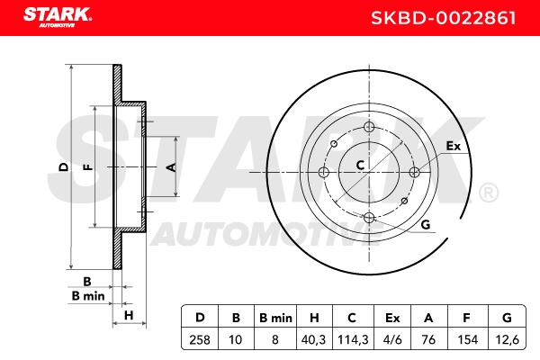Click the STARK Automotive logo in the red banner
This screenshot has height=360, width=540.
[x=58, y=17]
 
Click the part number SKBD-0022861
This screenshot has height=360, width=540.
[x=444, y=18]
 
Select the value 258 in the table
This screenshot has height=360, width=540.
[x=200, y=340]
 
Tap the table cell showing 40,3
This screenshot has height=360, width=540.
[x=313, y=340]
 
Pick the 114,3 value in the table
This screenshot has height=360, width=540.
[x=353, y=340]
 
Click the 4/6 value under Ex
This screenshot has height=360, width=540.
[x=392, y=340]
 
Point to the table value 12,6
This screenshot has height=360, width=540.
[x=507, y=340]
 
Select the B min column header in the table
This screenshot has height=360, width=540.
[x=275, y=318]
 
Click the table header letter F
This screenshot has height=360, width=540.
[x=466, y=318]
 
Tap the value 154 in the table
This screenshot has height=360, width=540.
[x=468, y=340]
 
